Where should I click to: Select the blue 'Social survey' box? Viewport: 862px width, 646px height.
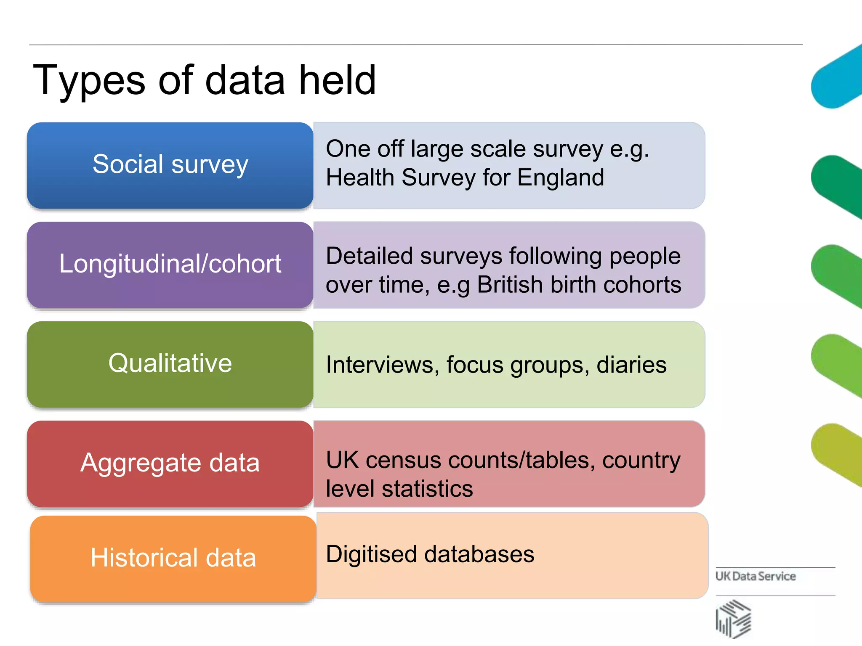(170, 165)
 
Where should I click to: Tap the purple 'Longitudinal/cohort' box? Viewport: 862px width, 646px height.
(170, 265)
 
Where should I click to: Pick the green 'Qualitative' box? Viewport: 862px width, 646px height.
(170, 364)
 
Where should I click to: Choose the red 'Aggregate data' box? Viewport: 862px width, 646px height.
(170, 463)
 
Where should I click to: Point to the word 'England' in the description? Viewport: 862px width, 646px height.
(561, 177)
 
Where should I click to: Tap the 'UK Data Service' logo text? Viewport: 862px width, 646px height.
(756, 576)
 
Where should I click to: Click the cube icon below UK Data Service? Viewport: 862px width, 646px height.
(733, 619)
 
